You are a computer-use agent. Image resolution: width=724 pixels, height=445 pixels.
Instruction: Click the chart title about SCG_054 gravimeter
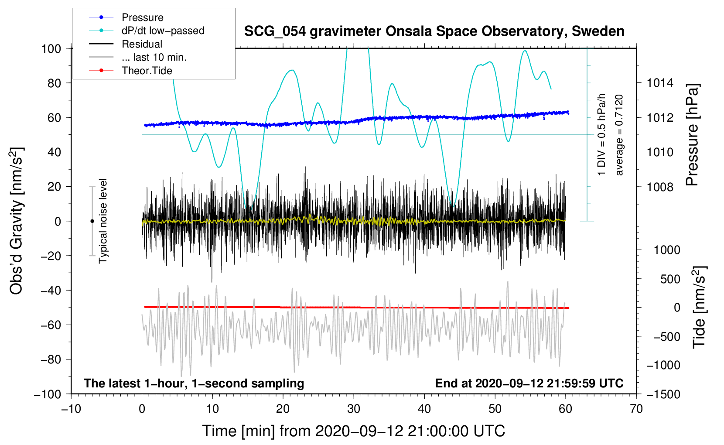tap(434, 31)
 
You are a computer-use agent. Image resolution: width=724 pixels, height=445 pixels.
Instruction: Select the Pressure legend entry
tap(142, 17)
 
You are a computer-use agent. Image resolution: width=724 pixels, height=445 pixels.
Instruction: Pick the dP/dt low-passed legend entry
tap(163, 31)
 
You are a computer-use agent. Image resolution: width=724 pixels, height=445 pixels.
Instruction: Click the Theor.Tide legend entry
tap(147, 71)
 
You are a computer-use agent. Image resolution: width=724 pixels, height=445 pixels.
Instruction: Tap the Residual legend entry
tap(142, 44)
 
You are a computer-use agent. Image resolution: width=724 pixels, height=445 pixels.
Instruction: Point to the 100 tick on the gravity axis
tap(51, 48)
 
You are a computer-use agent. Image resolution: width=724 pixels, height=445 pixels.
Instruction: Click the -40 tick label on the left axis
tap(51, 290)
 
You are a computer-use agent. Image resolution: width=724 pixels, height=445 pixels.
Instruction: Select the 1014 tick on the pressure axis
tap(660, 83)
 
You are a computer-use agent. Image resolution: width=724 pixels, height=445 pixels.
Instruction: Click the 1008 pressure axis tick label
tap(660, 187)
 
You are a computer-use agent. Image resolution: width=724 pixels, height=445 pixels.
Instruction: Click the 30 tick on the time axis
tap(354, 409)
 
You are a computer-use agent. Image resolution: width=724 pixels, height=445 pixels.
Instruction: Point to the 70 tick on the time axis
tap(636, 409)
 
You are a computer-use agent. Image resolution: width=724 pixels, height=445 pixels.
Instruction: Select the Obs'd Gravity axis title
tap(17, 221)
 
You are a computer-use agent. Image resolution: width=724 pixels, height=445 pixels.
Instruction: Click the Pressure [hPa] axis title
tap(692, 135)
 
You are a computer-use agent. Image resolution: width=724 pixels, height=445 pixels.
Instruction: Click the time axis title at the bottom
tap(354, 431)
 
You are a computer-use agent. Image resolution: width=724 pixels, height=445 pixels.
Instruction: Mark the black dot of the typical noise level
tap(92, 221)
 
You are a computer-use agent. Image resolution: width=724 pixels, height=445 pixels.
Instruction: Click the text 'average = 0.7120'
tap(619, 135)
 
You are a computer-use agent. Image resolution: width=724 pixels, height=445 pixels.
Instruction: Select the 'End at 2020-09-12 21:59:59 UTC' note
tap(529, 383)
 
